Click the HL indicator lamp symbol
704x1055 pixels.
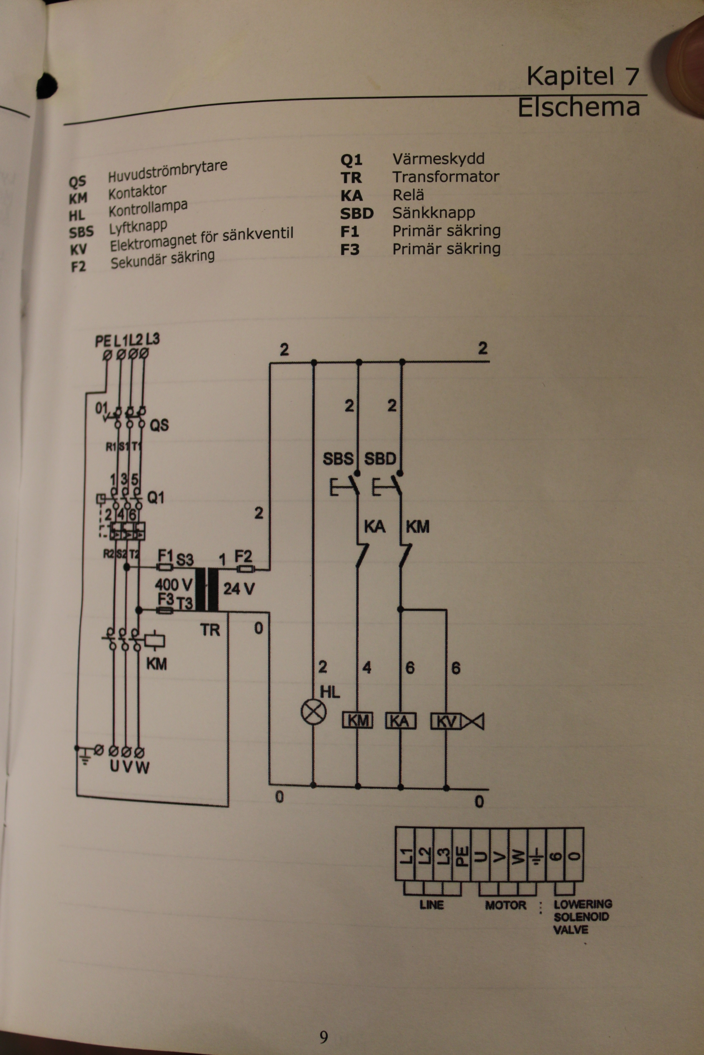(313, 712)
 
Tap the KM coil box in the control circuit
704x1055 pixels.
(358, 721)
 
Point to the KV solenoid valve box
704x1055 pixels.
(446, 721)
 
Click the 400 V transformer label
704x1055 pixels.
(173, 585)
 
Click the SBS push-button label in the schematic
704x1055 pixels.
(338, 459)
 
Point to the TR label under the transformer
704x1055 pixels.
(210, 630)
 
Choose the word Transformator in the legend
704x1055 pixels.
(445, 177)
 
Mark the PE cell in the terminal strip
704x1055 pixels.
(462, 855)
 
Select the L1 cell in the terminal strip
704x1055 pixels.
(406, 855)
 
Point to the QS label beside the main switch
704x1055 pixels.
(159, 424)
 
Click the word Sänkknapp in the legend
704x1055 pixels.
(433, 213)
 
